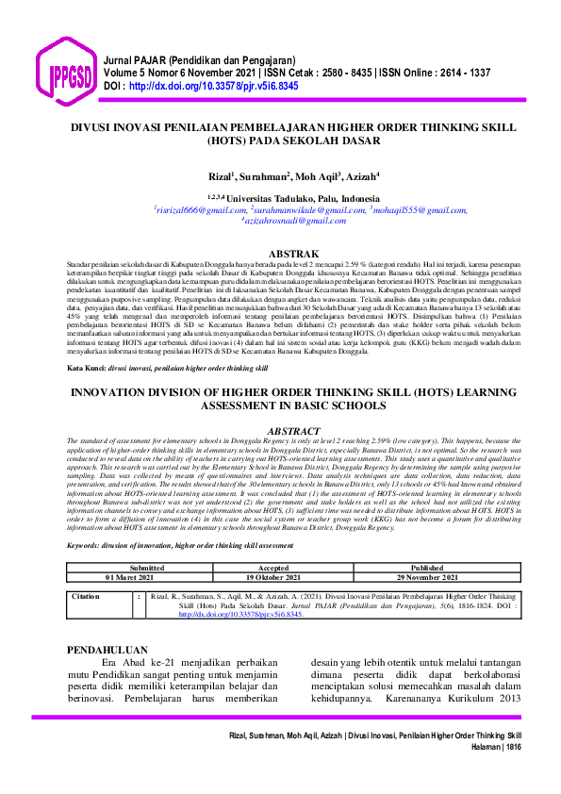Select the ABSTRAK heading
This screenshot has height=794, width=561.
pyautogui.click(x=293, y=255)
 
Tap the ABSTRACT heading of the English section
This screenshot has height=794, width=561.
pyautogui.click(x=294, y=430)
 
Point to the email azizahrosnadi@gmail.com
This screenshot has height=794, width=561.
pyautogui.click(x=293, y=222)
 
